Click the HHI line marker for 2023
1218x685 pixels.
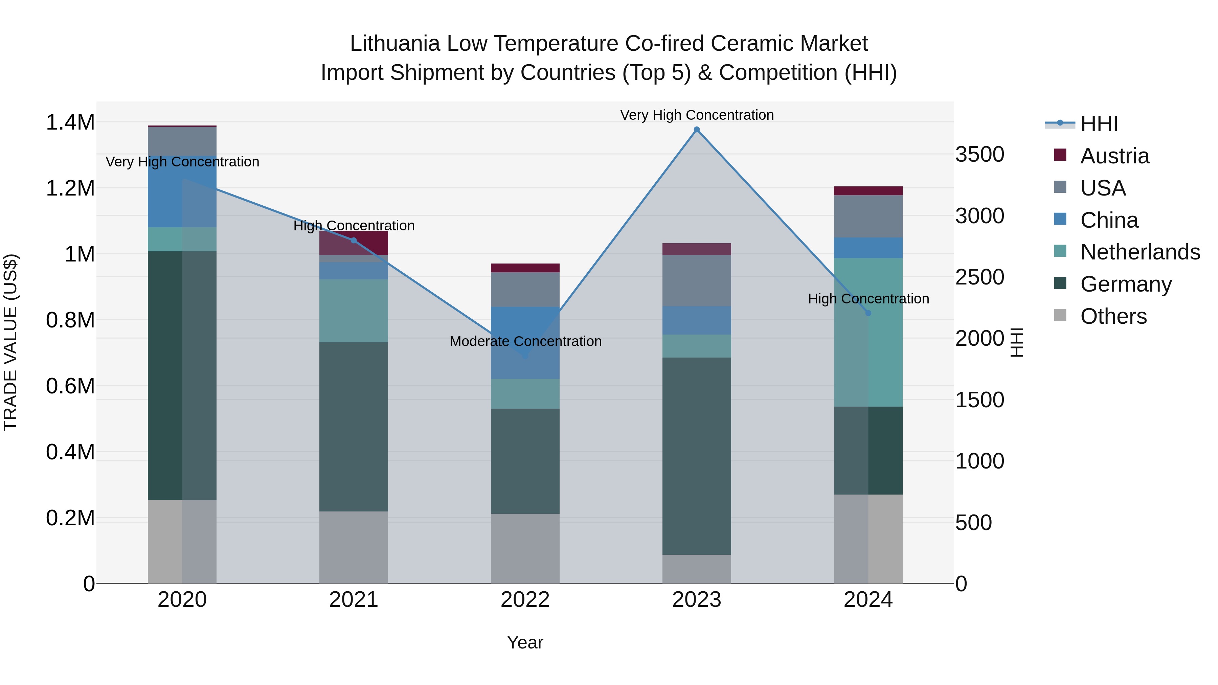[x=697, y=130]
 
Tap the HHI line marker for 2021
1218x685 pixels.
[x=354, y=241]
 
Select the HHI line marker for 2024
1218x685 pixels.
[x=868, y=313]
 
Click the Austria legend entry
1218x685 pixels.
[x=1114, y=156]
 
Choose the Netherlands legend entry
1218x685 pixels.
[x=1140, y=252]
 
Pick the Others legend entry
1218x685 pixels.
[x=1113, y=316]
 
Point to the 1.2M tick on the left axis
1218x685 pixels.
[x=70, y=188]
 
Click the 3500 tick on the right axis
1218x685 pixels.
[x=980, y=155]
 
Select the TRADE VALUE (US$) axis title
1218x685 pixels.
[x=10, y=342]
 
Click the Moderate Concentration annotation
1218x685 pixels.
[x=525, y=341]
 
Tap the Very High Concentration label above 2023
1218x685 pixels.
[x=697, y=115]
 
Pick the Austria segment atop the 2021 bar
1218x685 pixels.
[x=354, y=243]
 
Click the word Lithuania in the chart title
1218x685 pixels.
[x=395, y=44]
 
